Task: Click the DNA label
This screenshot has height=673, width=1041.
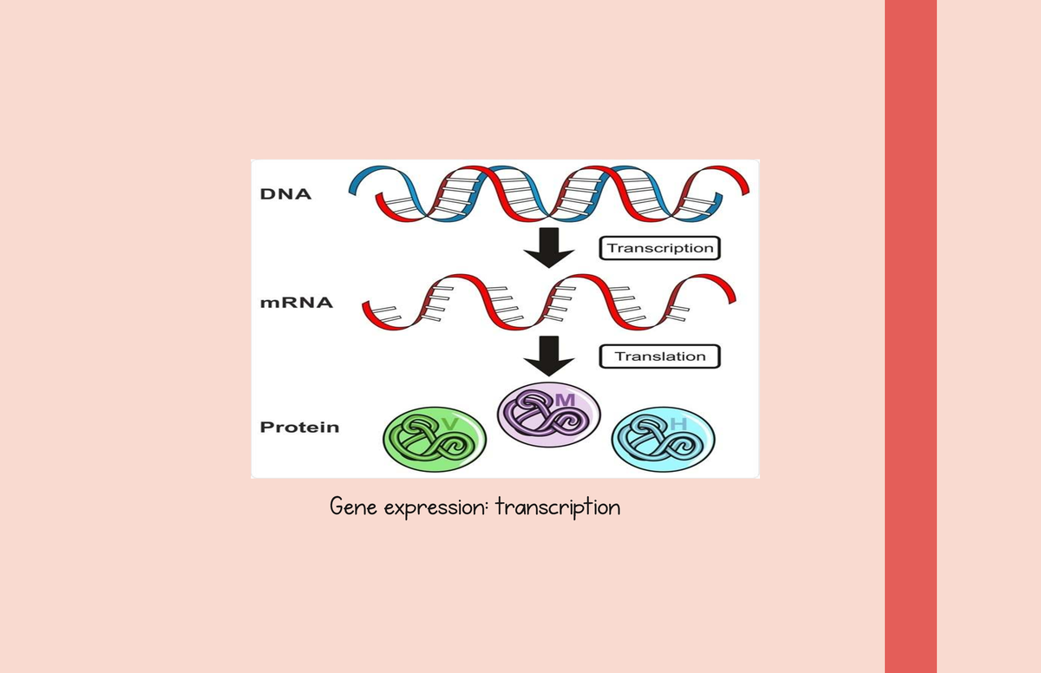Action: pyautogui.click(x=285, y=193)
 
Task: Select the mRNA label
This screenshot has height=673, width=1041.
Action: pyautogui.click(x=297, y=304)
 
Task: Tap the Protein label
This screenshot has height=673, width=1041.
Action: pyautogui.click(x=300, y=427)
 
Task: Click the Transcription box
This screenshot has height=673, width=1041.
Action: pyautogui.click(x=660, y=248)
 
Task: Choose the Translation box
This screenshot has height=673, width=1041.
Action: pyautogui.click(x=660, y=356)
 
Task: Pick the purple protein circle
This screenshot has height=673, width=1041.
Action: pyautogui.click(x=548, y=415)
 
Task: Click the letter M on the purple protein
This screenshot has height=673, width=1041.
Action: pyautogui.click(x=565, y=400)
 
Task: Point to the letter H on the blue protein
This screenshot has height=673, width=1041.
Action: pyautogui.click(x=678, y=424)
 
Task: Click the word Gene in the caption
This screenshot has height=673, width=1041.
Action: pyautogui.click(x=352, y=506)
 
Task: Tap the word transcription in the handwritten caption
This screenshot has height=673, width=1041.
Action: pyautogui.click(x=558, y=507)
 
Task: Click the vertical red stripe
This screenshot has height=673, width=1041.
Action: pyautogui.click(x=910, y=336)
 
